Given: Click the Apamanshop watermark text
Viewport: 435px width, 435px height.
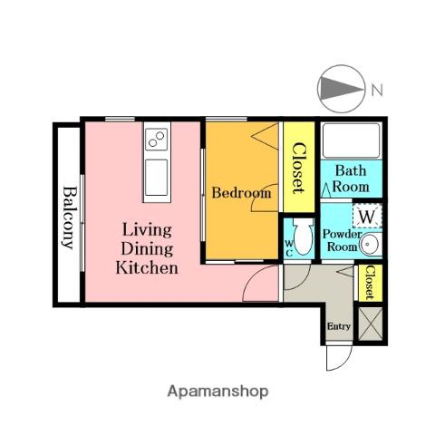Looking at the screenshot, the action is click(x=217, y=391).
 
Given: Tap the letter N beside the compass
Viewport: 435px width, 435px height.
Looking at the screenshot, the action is click(x=377, y=90).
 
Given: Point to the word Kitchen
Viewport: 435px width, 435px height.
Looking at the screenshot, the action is click(x=147, y=268).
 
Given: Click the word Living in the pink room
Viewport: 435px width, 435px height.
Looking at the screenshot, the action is click(x=147, y=230).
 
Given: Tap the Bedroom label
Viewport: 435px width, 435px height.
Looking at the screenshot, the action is click(x=241, y=193).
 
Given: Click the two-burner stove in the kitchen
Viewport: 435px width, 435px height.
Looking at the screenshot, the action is click(x=157, y=140).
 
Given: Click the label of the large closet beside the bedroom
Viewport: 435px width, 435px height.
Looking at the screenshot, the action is click(x=299, y=168).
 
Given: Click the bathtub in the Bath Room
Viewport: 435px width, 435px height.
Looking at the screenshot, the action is click(x=352, y=140).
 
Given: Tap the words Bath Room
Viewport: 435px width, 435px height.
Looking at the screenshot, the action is click(x=351, y=179).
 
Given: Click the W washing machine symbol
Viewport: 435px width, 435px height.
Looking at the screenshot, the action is click(x=367, y=217).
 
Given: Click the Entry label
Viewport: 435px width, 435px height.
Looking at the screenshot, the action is click(x=339, y=326).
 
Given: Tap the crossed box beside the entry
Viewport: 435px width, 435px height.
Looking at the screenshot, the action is click(x=371, y=324).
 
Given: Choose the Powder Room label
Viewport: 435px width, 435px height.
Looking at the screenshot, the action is click(x=342, y=241).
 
